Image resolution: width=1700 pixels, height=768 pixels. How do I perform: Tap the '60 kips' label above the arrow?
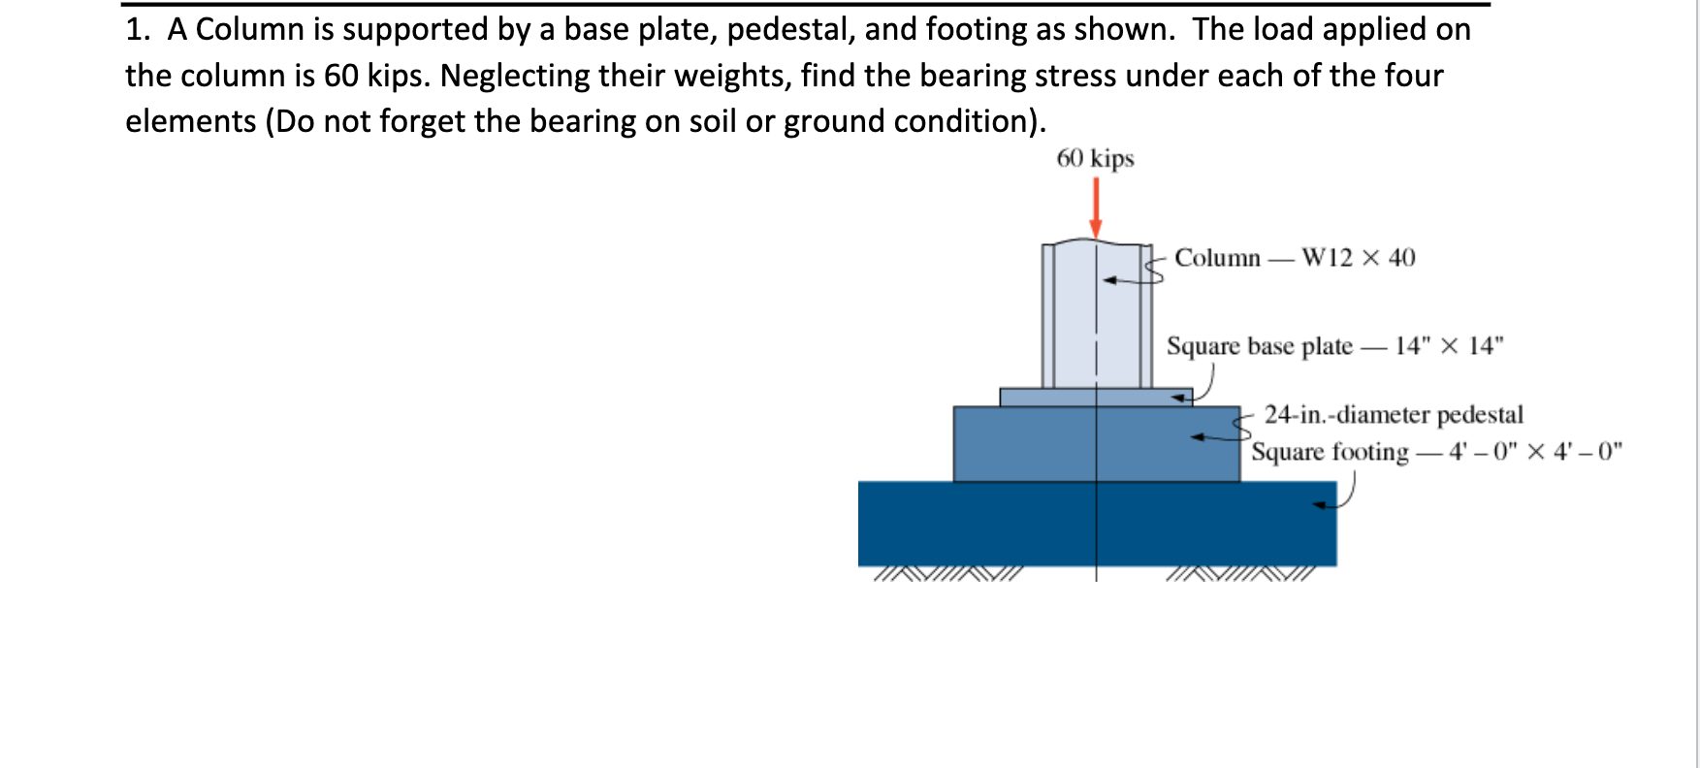1095,158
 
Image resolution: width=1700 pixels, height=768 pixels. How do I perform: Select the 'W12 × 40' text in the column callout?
1358,258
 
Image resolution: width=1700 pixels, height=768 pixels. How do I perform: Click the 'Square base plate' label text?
1259,346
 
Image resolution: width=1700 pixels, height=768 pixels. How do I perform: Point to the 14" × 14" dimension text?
1449,346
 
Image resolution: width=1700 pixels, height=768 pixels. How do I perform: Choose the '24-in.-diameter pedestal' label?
1394,415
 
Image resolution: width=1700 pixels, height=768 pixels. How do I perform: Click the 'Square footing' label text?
1330,452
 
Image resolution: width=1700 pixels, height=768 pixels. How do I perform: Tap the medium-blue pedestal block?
1028,444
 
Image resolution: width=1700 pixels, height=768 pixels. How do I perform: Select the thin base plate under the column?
1047,398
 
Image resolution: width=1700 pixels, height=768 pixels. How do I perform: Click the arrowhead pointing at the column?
1109,281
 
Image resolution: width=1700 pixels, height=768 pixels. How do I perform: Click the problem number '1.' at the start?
138,30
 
